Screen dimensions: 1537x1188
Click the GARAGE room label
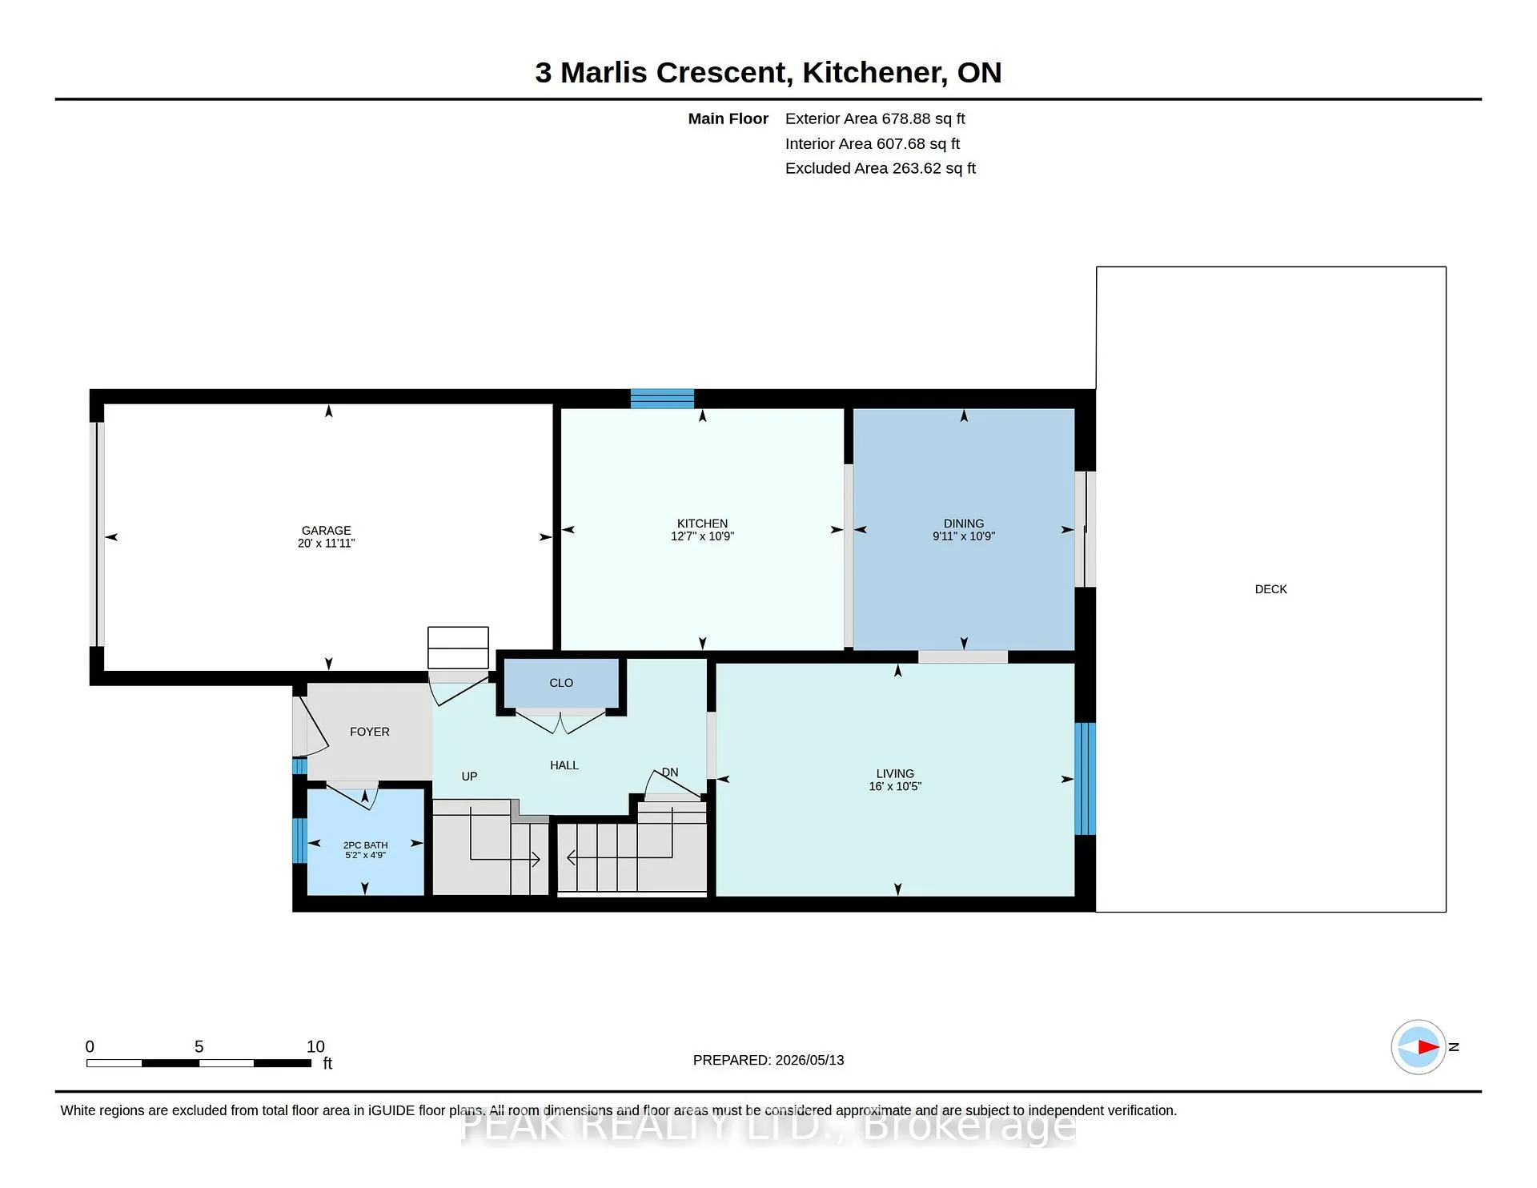(326, 531)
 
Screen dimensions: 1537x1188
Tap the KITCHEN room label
(702, 524)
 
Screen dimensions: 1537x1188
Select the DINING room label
(963, 524)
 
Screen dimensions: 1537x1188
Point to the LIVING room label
(895, 773)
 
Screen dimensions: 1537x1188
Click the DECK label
(1271, 589)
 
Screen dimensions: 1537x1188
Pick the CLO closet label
(561, 683)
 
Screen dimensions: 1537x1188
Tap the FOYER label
(370, 732)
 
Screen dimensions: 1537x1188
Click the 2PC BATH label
(366, 845)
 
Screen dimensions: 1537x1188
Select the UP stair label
(469, 777)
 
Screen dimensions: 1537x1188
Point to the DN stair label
(670, 773)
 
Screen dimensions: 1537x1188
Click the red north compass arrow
(1428, 1046)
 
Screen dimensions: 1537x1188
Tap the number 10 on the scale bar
(315, 1046)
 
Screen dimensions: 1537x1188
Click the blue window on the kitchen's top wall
(662, 398)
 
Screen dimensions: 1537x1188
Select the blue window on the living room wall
(1085, 779)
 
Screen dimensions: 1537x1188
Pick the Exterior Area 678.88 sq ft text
(875, 118)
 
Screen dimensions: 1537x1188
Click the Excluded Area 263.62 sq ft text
(881, 168)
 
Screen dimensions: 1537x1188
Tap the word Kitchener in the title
(875, 73)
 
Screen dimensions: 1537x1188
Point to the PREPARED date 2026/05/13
(809, 1060)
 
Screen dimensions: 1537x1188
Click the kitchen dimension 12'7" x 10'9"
(702, 536)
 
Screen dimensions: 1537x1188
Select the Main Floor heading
(728, 118)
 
